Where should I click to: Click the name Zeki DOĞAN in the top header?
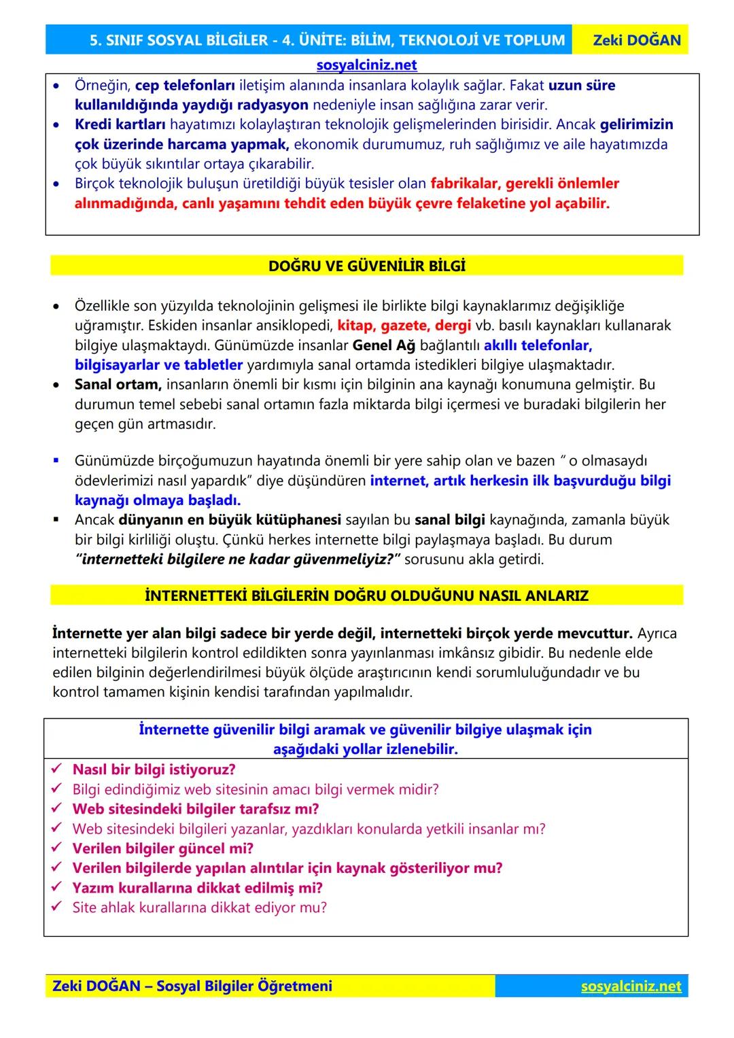point(636,40)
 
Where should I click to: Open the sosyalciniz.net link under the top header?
point(366,65)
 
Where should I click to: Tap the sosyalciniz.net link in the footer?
point(631,986)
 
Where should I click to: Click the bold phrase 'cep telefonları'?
point(185,86)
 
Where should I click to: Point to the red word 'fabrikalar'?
point(464,184)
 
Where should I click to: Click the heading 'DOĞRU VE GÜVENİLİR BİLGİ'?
point(367,266)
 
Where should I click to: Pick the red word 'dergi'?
point(453,326)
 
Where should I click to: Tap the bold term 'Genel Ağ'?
point(383,345)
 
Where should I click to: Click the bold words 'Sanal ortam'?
point(118,385)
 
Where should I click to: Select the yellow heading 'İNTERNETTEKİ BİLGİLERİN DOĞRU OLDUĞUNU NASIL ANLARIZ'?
point(367,596)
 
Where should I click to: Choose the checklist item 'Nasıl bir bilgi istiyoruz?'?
point(154,769)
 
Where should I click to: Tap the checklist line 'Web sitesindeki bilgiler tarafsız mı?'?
point(196,809)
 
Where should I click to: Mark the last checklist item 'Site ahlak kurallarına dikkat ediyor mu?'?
point(199,907)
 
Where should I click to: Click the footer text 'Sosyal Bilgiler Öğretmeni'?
point(244,986)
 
